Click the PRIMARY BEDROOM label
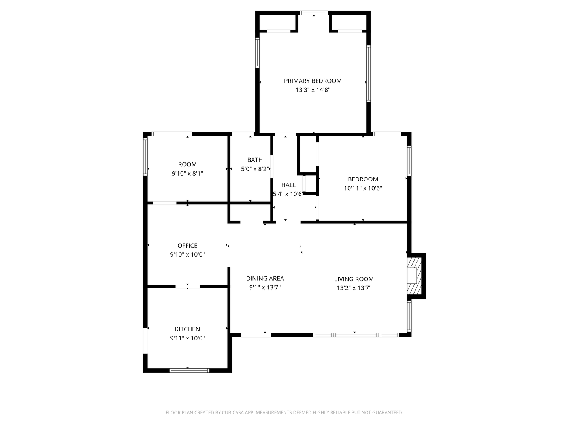click(x=313, y=81)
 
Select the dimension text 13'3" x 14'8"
click(x=313, y=90)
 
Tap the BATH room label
click(x=255, y=160)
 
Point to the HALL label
click(x=288, y=185)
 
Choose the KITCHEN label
click(x=187, y=329)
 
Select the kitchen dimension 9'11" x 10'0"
click(x=187, y=338)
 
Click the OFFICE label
click(x=187, y=246)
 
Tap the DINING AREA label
click(x=265, y=278)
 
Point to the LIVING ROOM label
click(x=354, y=279)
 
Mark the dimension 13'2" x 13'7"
click(x=354, y=288)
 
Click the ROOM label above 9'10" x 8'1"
click(x=187, y=164)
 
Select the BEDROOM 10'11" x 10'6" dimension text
click(x=363, y=188)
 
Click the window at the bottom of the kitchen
click(x=189, y=370)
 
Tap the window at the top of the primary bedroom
click(x=314, y=13)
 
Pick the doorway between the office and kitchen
click(x=188, y=286)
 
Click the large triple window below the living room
click(x=356, y=335)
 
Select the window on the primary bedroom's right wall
click(x=368, y=74)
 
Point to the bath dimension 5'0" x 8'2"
click(x=255, y=169)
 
